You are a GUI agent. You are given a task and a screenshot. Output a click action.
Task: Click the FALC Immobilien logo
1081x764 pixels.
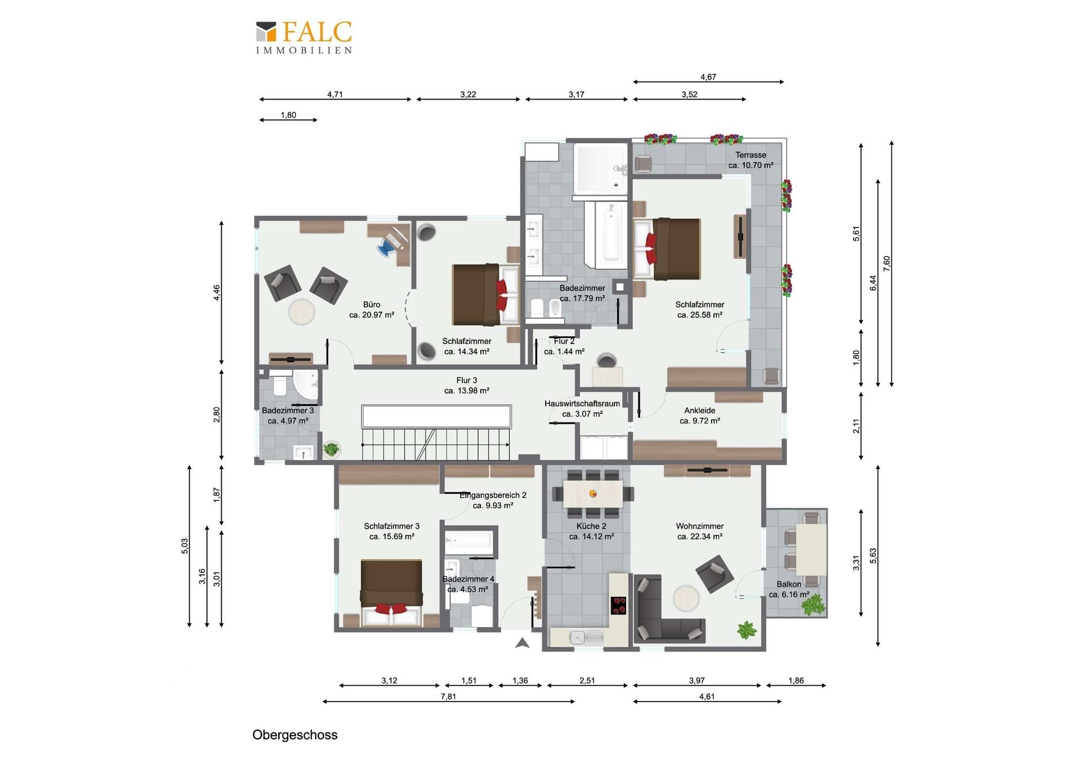click(304, 37)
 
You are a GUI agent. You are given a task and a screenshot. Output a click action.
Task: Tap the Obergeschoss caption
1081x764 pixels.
click(294, 735)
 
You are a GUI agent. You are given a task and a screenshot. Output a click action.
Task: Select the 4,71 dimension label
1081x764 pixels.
click(335, 95)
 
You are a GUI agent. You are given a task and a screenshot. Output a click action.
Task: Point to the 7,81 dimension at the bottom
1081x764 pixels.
click(448, 696)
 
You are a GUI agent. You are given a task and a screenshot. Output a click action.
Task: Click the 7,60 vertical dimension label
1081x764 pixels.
click(887, 263)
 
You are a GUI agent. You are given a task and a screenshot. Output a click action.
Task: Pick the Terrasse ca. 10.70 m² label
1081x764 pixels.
click(751, 160)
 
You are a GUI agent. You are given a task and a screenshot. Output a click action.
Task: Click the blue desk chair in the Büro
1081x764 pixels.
click(387, 247)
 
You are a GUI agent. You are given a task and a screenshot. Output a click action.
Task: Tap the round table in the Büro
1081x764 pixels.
click(302, 311)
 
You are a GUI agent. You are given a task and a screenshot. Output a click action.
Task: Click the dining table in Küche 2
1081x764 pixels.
click(593, 494)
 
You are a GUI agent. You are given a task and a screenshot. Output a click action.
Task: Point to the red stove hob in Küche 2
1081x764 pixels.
click(619, 605)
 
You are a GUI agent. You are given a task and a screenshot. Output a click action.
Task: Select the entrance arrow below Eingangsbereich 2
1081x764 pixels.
click(522, 643)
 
